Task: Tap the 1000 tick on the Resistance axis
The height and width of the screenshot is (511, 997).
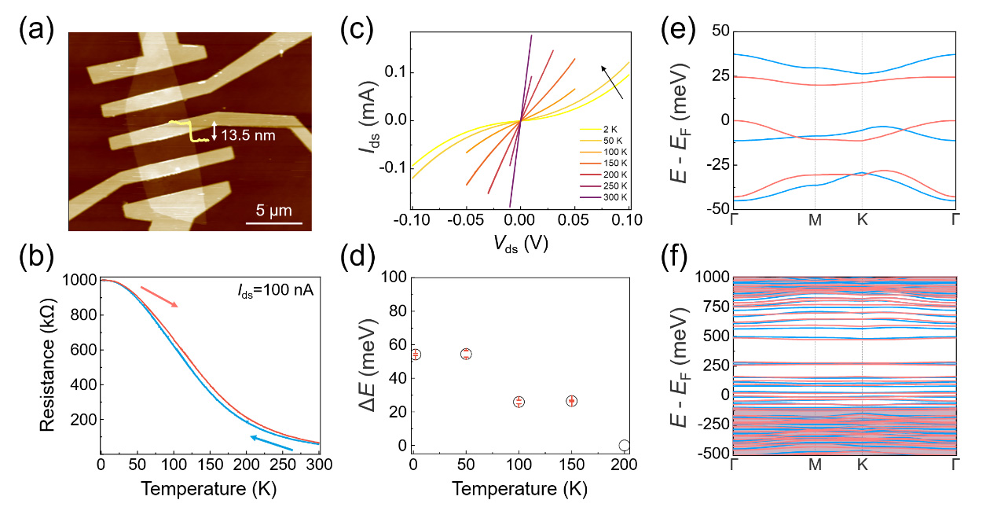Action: click(79, 280)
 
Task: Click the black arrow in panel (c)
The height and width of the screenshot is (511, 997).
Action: click(614, 83)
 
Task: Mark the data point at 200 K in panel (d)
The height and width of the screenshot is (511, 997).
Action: click(625, 445)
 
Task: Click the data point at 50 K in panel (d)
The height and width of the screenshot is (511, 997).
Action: click(466, 354)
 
